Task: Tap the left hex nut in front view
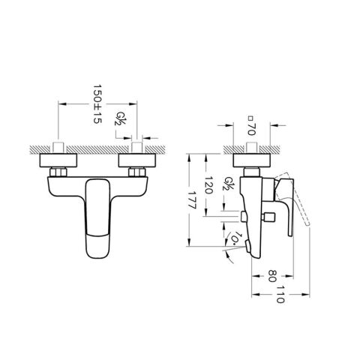[x=57, y=174]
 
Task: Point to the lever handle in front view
[x=97, y=217]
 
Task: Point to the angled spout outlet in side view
[x=238, y=244]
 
